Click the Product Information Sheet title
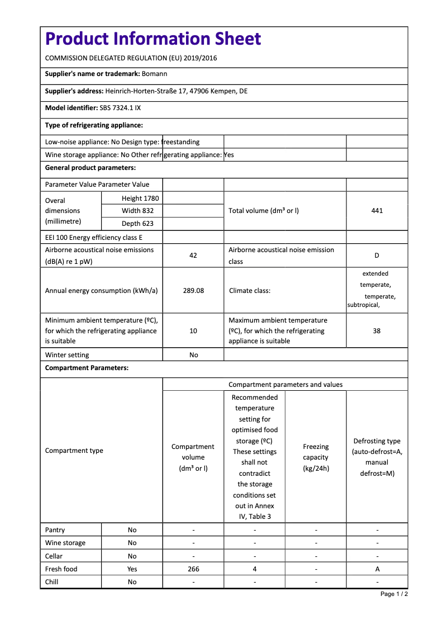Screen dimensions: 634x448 click(153, 39)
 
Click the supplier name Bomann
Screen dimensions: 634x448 click(155, 74)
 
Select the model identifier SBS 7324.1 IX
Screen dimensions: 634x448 click(120, 108)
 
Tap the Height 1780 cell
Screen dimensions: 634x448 click(140, 198)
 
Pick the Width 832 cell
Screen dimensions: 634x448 click(138, 211)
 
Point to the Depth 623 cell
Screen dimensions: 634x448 click(138, 224)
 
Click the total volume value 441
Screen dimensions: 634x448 click(377, 211)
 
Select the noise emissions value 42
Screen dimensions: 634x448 click(193, 256)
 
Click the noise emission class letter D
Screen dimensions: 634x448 click(377, 256)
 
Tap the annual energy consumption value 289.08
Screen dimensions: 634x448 click(193, 291)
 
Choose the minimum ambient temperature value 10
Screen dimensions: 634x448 click(193, 331)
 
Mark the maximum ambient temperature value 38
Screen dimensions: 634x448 click(377, 331)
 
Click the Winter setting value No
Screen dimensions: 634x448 click(193, 355)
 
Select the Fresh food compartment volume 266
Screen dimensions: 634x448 click(193, 569)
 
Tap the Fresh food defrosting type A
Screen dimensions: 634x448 click(378, 569)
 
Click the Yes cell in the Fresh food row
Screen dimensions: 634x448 click(132, 569)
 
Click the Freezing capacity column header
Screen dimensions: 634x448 click(316, 457)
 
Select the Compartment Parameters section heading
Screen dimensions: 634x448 click(87, 368)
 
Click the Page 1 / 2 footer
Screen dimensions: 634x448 click(394, 594)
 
